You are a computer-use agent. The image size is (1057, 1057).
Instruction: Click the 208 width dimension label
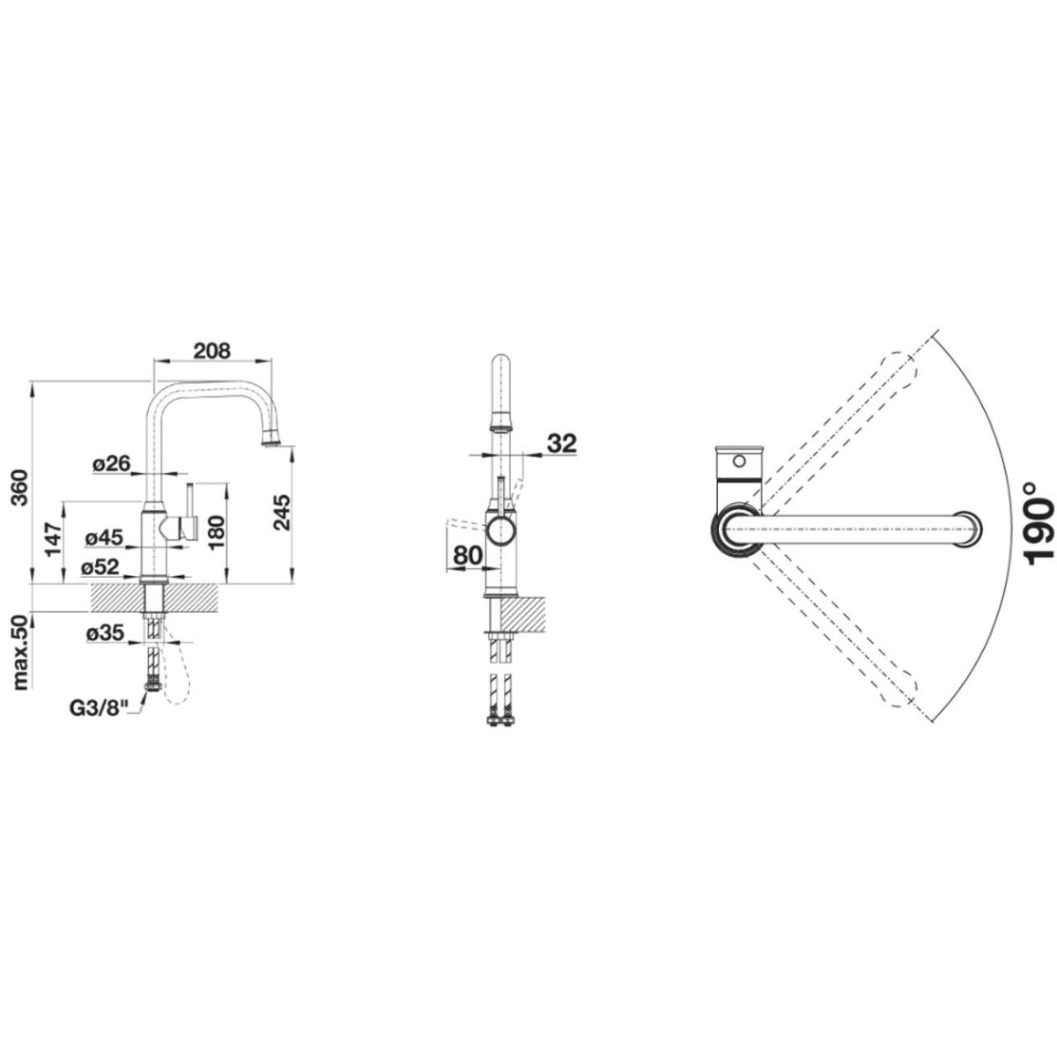(212, 351)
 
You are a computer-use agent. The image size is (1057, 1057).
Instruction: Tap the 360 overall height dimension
(20, 472)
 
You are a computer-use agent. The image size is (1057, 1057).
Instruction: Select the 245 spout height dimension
(282, 513)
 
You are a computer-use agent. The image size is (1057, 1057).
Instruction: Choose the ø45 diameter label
(104, 537)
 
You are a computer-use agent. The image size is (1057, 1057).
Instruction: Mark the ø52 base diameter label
(100, 567)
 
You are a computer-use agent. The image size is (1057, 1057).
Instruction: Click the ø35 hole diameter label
(106, 634)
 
